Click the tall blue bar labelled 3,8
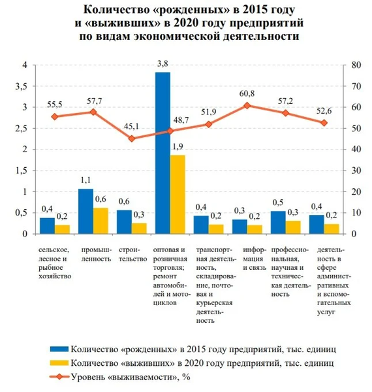coord(163,153)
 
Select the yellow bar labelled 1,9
coord(178,194)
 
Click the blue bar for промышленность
coord(85,211)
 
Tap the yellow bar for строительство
coord(139,228)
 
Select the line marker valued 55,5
coord(55,117)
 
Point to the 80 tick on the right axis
coord(355,65)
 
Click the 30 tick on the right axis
coord(355,171)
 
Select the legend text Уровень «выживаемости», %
coord(131,376)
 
